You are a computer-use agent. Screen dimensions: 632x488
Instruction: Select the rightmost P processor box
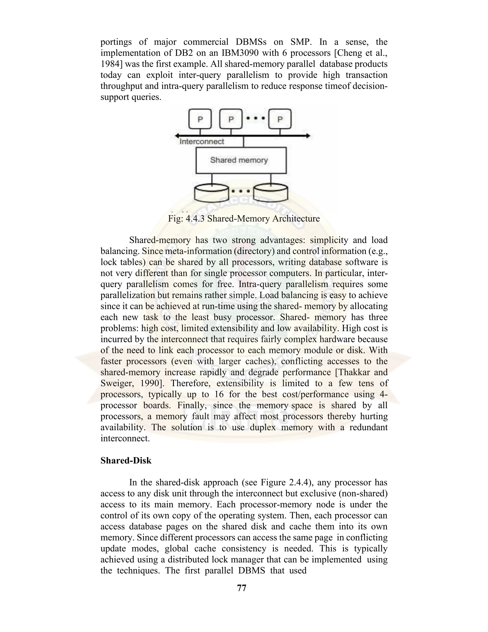click(x=280, y=119)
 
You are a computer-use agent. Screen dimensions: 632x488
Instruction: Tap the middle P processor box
click(x=231, y=119)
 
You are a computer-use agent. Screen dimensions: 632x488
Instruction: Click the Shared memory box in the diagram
click(x=241, y=160)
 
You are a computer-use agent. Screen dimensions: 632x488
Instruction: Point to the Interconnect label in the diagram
click(x=202, y=141)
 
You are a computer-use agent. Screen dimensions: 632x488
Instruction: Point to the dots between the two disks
click(x=241, y=191)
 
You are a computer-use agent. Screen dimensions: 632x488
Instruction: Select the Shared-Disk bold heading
click(x=126, y=460)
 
